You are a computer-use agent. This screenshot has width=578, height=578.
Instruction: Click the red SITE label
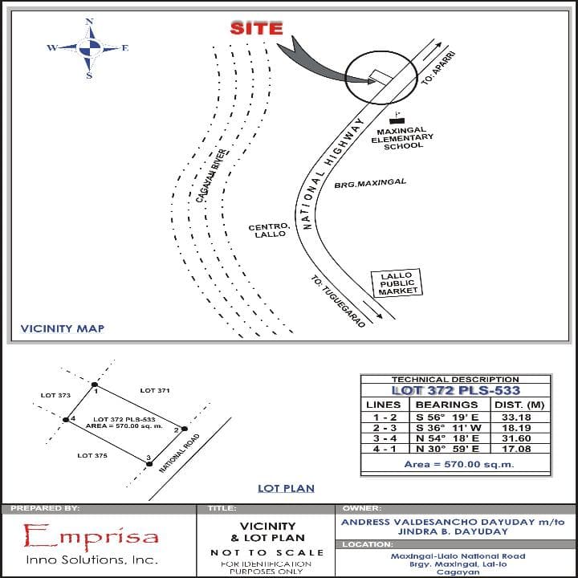(257, 28)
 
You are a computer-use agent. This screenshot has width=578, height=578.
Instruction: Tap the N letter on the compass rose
(89, 22)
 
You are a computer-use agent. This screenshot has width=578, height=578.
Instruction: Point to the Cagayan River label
(212, 176)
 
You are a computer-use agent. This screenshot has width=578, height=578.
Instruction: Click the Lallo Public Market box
(397, 283)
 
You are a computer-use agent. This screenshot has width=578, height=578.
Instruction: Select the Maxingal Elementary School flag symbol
(397, 118)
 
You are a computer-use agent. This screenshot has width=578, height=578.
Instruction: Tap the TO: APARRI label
(438, 68)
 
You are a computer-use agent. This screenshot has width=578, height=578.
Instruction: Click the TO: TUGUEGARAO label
(338, 301)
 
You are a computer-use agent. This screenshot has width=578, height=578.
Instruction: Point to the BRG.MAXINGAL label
(370, 183)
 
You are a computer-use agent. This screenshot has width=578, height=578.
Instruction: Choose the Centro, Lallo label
(270, 230)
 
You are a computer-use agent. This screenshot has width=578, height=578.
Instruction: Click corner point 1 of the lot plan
(95, 385)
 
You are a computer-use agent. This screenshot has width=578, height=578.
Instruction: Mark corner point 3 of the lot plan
(149, 464)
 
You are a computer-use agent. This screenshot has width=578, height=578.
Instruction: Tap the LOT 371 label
(155, 390)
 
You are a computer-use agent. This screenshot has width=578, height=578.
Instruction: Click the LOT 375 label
(92, 456)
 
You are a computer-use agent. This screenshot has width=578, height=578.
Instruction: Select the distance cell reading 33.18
(516, 417)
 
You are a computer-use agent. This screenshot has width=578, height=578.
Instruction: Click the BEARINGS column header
(446, 405)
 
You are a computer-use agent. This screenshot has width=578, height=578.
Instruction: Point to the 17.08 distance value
(516, 449)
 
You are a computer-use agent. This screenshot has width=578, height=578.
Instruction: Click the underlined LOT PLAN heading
(286, 488)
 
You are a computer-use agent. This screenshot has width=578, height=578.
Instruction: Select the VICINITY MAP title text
(63, 328)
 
